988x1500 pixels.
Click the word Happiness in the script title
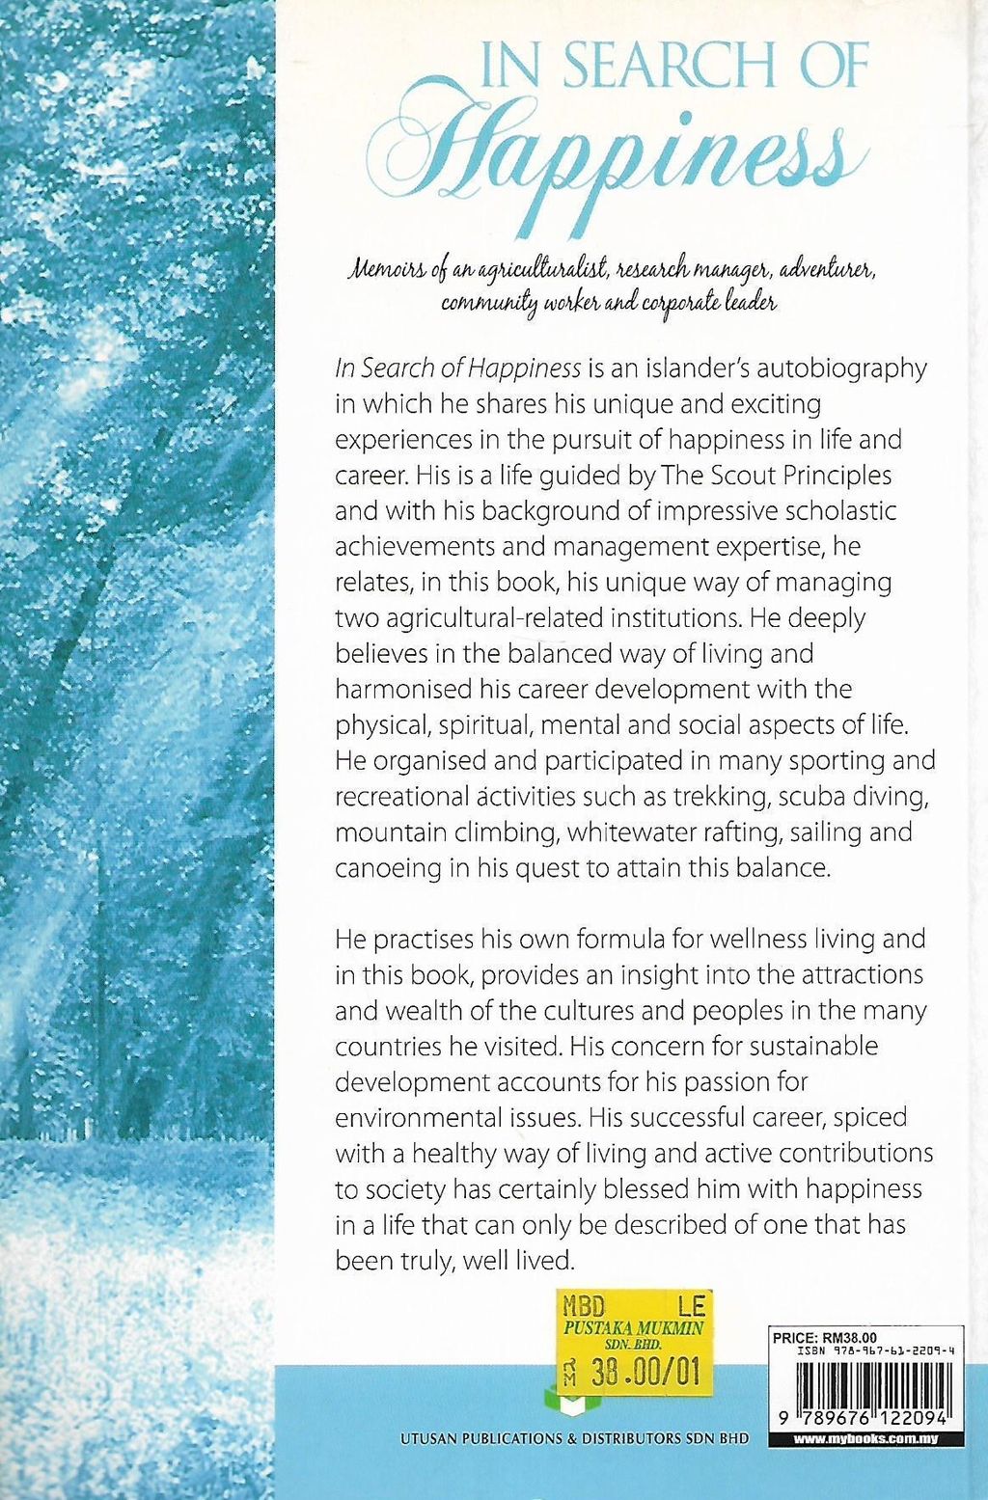coord(617,164)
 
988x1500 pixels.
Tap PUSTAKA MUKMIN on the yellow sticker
coord(633,1328)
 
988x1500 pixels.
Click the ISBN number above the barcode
coord(877,1352)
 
